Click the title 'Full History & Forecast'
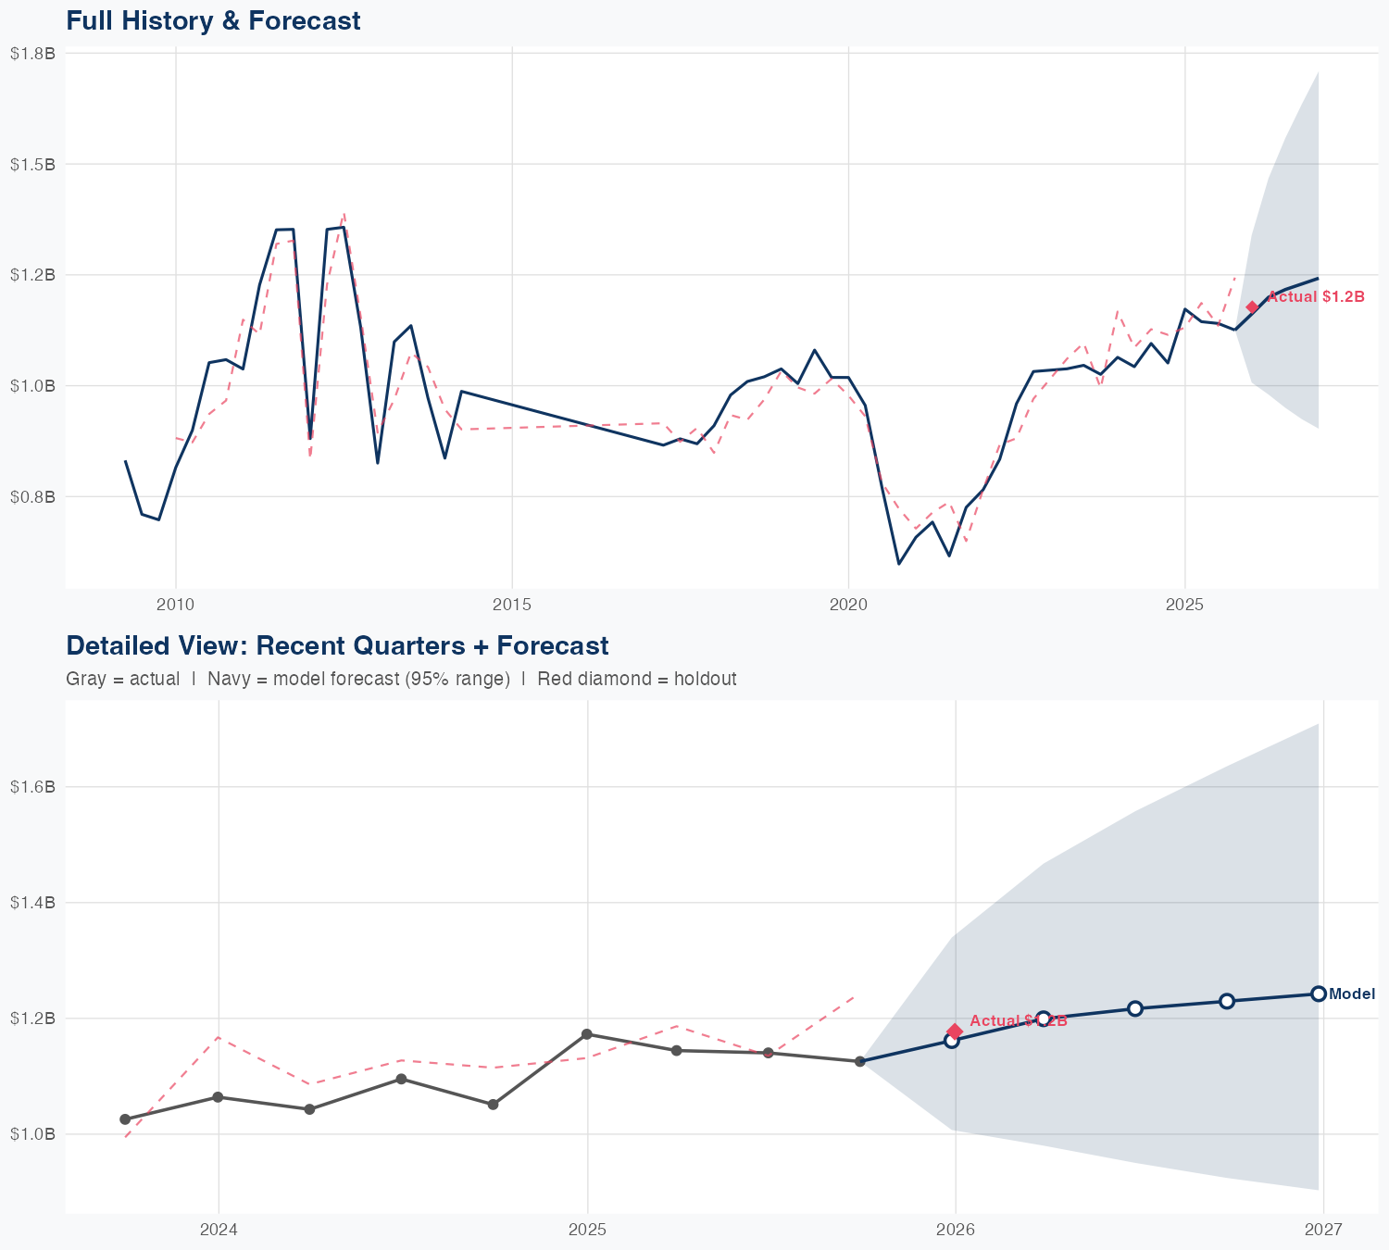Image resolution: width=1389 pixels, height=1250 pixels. pyautogui.click(x=213, y=20)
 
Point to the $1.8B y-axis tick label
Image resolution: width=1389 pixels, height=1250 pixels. pyautogui.click(x=32, y=54)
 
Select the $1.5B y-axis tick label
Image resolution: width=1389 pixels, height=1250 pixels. pyautogui.click(x=32, y=164)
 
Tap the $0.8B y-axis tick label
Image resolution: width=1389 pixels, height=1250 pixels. pyautogui.click(x=32, y=496)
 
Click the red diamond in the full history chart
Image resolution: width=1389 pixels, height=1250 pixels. pyautogui.click(x=1252, y=307)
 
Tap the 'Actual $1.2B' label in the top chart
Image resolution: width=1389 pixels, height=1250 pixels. pyautogui.click(x=1316, y=297)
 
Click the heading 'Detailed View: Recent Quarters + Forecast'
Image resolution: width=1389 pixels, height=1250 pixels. pyautogui.click(x=337, y=645)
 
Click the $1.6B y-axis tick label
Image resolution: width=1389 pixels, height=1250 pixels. pyautogui.click(x=32, y=787)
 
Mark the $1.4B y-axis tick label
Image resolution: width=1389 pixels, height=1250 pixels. pyautogui.click(x=32, y=903)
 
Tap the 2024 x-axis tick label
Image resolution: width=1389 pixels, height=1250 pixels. pyautogui.click(x=219, y=1230)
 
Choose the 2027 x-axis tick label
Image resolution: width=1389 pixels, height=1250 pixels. pyautogui.click(x=1323, y=1230)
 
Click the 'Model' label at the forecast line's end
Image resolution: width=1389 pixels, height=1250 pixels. pyautogui.click(x=1352, y=994)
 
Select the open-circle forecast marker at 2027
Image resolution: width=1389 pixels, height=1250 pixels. pyautogui.click(x=1319, y=994)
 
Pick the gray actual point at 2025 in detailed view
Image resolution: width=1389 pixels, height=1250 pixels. pyautogui.click(x=586, y=1033)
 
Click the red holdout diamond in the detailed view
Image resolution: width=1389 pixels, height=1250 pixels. pyautogui.click(x=955, y=1031)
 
